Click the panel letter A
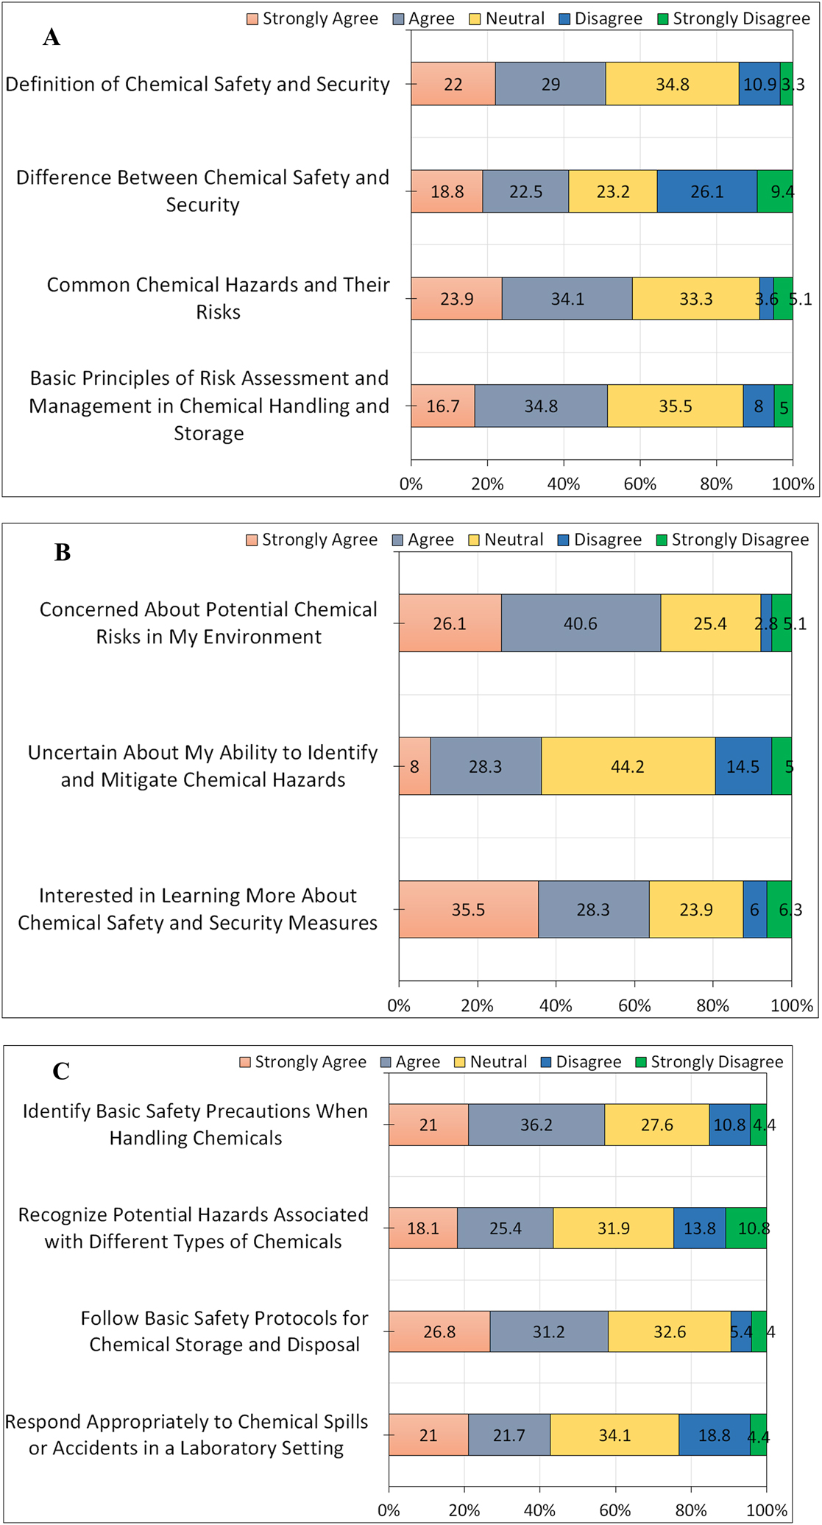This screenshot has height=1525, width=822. click(x=51, y=37)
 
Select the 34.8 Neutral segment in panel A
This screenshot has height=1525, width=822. click(x=672, y=84)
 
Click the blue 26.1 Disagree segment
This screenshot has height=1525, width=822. click(x=706, y=191)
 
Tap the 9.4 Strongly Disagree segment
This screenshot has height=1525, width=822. click(x=775, y=191)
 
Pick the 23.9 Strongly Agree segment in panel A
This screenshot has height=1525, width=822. click(x=456, y=299)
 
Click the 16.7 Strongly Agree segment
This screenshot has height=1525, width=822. click(x=442, y=406)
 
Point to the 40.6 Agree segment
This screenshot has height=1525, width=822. click(x=580, y=623)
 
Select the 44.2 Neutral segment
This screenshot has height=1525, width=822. click(x=627, y=766)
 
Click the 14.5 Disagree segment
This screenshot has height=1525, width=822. click(x=743, y=766)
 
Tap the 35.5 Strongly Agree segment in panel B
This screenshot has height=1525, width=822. click(x=468, y=910)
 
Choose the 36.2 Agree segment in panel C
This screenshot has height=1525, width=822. click(x=536, y=1125)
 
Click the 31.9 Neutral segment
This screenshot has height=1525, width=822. click(x=613, y=1228)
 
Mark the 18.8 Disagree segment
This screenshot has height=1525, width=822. click(x=714, y=1435)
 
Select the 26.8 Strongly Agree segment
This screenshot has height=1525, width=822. click(x=439, y=1332)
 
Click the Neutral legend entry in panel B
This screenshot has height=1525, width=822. click(x=506, y=539)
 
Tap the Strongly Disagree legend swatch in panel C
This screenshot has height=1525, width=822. click(x=641, y=1062)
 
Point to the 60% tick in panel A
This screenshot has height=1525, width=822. click(x=640, y=484)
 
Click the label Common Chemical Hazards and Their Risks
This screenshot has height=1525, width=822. click(x=218, y=298)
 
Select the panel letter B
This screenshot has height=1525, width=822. click(x=63, y=552)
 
